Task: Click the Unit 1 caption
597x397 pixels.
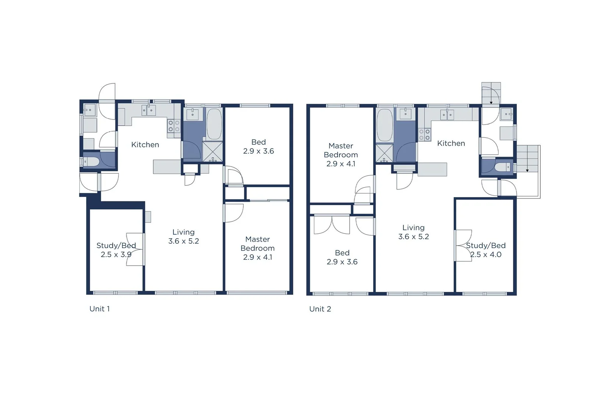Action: click(x=100, y=309)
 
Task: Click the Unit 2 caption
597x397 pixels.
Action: click(x=320, y=309)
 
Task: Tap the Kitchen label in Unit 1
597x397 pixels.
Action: click(x=145, y=144)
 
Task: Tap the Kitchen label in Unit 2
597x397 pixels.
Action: click(x=451, y=143)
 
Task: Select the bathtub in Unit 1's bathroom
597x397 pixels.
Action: click(x=214, y=124)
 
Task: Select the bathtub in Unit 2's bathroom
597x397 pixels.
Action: click(x=385, y=125)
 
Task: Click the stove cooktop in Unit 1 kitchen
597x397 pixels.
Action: click(x=174, y=126)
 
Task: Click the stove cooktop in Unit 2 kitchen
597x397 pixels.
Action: click(x=424, y=135)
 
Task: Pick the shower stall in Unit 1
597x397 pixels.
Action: click(x=212, y=152)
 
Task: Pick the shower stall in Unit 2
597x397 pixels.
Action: click(x=384, y=153)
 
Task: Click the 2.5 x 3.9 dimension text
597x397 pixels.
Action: click(x=116, y=254)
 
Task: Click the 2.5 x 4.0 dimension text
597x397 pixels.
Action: click(x=486, y=254)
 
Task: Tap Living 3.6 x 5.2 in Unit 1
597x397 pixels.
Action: click(x=183, y=237)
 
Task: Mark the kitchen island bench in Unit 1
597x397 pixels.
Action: click(x=167, y=167)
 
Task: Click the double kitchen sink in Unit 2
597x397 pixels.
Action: click(x=447, y=115)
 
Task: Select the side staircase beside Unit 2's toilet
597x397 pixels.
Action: click(x=528, y=159)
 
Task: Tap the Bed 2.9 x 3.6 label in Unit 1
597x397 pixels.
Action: click(x=258, y=147)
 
